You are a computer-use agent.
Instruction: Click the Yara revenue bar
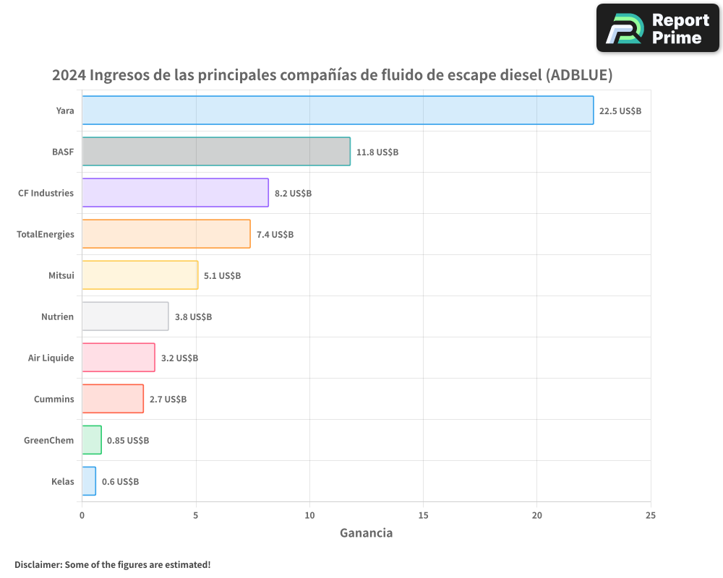[x=338, y=111]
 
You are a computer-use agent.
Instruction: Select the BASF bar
[x=216, y=152]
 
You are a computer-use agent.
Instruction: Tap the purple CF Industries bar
[x=175, y=193]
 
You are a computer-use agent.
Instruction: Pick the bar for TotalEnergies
[x=166, y=234]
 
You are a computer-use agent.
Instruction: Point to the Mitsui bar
[x=140, y=275]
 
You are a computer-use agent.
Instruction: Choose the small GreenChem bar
[x=92, y=440]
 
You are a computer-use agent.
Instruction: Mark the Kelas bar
[x=89, y=481]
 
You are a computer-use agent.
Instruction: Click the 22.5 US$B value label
[x=620, y=111]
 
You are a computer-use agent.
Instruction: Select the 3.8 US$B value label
[x=193, y=317]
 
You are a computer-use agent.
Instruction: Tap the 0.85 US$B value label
[x=128, y=441]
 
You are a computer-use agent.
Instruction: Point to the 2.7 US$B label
[x=168, y=400]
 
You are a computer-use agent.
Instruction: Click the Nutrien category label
[x=58, y=316]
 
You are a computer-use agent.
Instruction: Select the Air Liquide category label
[x=51, y=358]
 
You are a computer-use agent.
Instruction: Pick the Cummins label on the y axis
[x=54, y=399]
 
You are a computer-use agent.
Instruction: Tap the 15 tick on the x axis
[x=423, y=515]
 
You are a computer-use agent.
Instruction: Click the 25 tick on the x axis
[x=651, y=515]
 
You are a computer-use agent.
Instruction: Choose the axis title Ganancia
[x=366, y=533]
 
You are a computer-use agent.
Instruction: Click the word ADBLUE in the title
[x=578, y=75]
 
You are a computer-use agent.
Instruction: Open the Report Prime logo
[x=657, y=28]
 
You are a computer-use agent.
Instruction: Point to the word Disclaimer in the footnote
[x=38, y=564]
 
